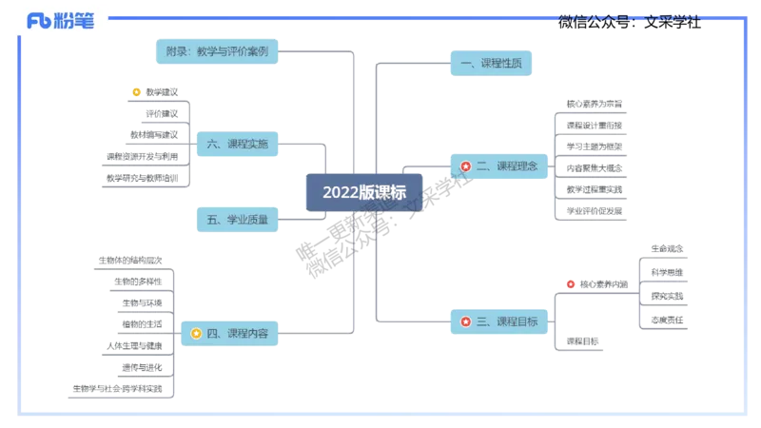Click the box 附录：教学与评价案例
tap(216, 52)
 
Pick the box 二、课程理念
tap(498, 166)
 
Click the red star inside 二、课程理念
tap(466, 166)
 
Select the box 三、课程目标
tap(498, 321)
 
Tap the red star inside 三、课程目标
tap(466, 321)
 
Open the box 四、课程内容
tap(229, 334)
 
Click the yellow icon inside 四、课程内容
tap(195, 334)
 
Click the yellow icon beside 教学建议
tap(136, 92)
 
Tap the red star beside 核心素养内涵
tap(570, 283)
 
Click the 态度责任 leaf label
tap(666, 321)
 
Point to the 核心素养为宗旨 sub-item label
tap(595, 103)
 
